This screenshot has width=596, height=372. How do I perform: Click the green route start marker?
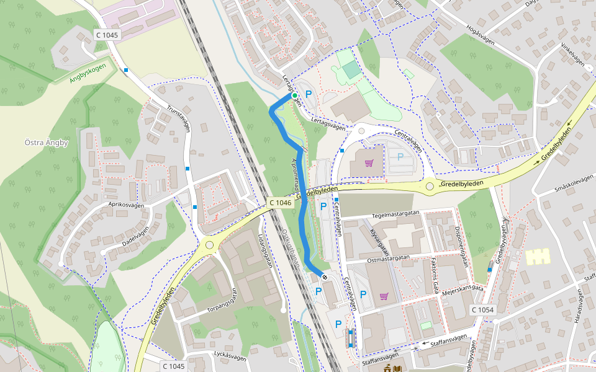(x=295, y=95)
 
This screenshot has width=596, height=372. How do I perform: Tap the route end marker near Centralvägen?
(x=324, y=277)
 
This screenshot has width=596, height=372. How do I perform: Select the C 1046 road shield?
(x=281, y=203)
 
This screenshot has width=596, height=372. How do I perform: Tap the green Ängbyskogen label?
(x=88, y=73)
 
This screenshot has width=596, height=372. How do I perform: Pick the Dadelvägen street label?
(x=135, y=236)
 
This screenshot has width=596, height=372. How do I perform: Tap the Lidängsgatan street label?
(x=263, y=250)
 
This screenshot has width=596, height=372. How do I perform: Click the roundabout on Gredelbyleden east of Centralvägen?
(x=430, y=185)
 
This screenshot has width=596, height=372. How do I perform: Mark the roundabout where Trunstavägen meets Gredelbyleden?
(x=209, y=245)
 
